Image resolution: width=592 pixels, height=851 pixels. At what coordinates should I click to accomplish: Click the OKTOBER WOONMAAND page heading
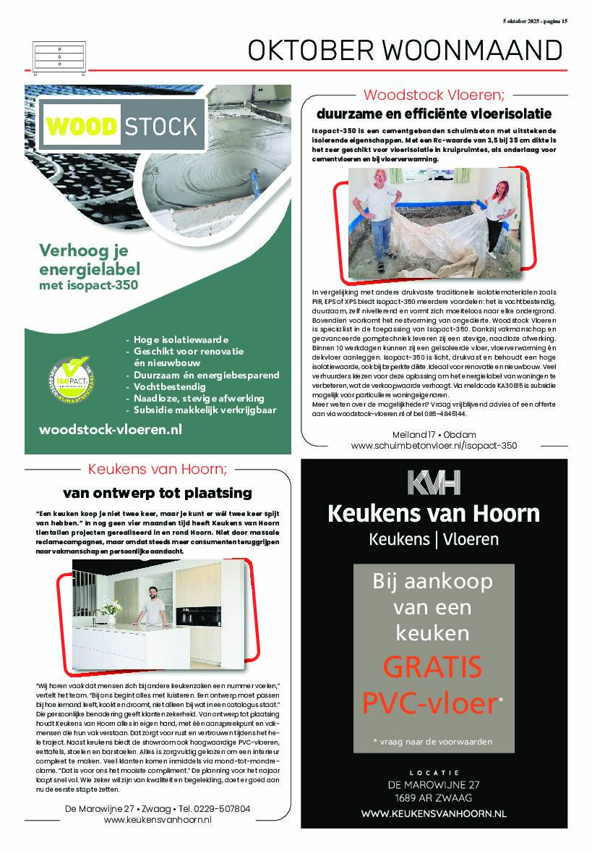(404, 50)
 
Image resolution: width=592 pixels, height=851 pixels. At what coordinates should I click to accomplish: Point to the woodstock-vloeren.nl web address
(110, 429)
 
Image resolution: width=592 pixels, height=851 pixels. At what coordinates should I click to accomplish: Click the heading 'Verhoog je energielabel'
(90, 261)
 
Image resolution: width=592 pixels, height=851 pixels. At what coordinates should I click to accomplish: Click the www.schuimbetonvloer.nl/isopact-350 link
(434, 446)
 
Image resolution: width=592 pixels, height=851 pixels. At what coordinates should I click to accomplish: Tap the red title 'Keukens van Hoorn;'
(157, 469)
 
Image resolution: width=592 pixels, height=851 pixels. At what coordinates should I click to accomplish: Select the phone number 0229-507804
(226, 808)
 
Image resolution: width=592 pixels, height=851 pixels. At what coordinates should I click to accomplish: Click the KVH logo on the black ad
(433, 483)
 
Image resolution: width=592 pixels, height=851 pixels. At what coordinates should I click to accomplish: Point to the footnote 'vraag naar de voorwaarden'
(433, 742)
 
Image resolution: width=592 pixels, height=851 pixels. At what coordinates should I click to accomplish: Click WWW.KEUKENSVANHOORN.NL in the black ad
(433, 813)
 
